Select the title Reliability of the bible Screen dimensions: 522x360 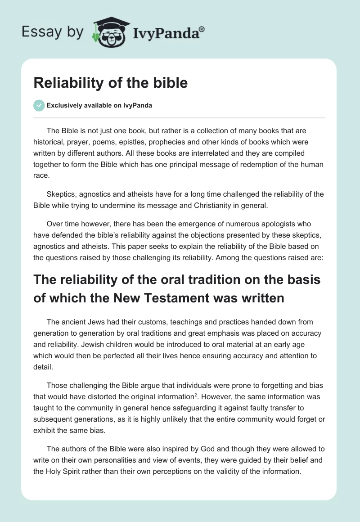[111, 83]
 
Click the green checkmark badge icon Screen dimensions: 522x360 [39, 105]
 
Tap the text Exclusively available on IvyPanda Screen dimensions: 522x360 [99, 106]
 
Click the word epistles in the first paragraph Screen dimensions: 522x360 [153, 142]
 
